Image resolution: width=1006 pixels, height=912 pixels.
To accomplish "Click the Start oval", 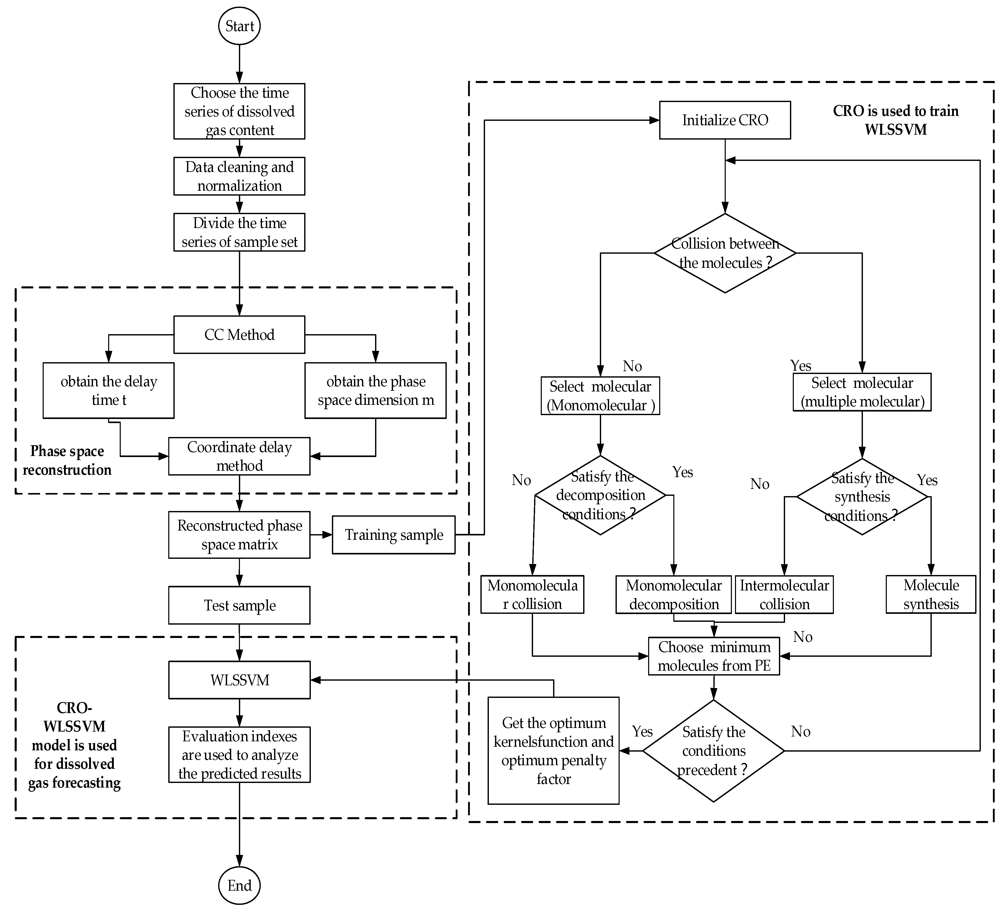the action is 239,26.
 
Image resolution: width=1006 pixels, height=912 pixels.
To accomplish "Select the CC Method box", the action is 239,334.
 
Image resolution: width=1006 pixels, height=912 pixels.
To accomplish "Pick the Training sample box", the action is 394,535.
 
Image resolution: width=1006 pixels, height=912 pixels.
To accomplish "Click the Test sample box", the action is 239,605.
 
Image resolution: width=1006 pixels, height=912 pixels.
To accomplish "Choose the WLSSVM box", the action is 239,680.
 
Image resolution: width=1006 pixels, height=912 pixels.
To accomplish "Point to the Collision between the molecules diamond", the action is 725,253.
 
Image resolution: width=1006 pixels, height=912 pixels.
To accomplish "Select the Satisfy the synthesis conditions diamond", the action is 862,497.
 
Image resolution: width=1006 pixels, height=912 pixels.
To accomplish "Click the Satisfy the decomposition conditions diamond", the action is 600,495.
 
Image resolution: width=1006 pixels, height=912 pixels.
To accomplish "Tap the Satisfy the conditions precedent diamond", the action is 714,751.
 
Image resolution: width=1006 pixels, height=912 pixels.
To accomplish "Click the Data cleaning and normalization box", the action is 239,176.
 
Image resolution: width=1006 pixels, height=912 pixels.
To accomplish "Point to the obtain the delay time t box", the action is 109,390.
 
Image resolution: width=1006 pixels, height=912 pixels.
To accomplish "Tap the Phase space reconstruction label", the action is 67,460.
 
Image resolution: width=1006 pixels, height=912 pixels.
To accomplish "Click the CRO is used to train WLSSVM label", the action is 896,120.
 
